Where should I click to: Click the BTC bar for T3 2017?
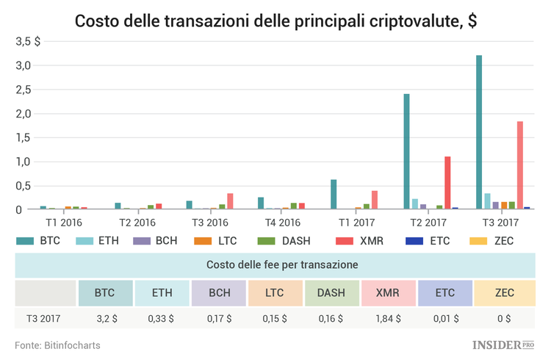[479, 132]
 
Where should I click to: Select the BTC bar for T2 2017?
[406, 151]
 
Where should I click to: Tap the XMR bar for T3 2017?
[520, 165]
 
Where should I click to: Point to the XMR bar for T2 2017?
[447, 183]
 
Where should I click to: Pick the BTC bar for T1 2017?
[334, 194]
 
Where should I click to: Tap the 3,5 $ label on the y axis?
[29, 42]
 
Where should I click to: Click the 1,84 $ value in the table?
[388, 320]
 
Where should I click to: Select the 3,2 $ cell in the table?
[104, 320]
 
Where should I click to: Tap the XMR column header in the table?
[388, 293]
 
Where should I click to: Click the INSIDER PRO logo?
[504, 344]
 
